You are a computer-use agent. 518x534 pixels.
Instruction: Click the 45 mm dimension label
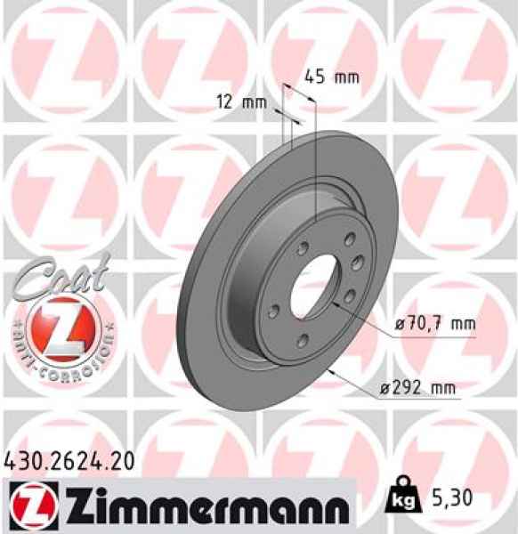331,77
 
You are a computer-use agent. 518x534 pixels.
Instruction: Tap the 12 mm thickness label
241,102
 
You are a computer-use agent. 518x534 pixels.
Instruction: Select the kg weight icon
401,500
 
